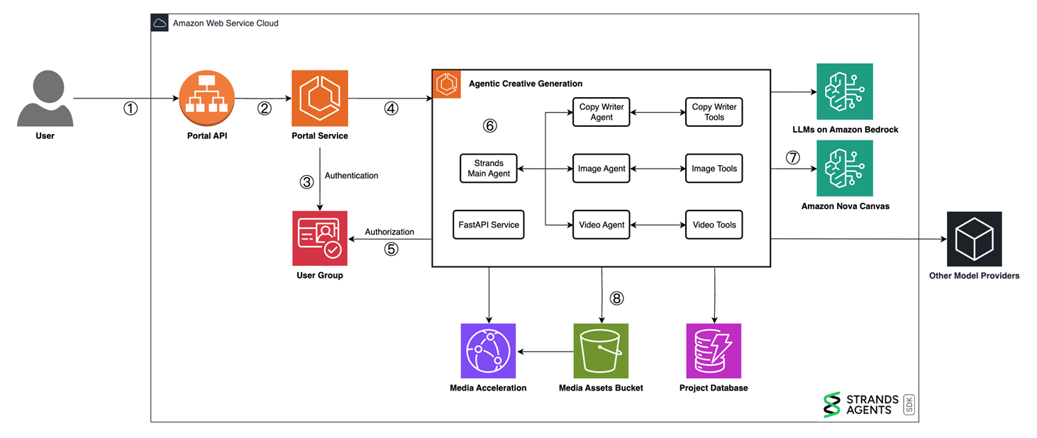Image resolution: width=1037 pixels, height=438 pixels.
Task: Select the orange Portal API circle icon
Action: point(206,98)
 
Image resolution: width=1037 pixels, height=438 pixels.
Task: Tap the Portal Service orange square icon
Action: point(320,98)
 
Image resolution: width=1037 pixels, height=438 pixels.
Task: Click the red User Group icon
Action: point(320,238)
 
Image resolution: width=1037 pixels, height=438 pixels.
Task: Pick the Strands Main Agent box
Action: point(489,169)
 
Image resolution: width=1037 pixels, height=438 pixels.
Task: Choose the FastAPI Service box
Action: point(489,225)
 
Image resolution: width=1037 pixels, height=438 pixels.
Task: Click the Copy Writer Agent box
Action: point(601,112)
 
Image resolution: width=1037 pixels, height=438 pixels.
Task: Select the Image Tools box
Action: point(714,169)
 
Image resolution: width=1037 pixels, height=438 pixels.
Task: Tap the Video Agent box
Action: point(601,225)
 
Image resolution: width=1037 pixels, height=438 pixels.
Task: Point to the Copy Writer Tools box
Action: point(714,112)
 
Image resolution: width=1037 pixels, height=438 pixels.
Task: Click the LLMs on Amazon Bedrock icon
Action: point(845,91)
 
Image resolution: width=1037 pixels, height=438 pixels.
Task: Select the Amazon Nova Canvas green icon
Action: point(845,168)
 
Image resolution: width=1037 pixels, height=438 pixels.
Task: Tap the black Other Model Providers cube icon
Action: point(974,239)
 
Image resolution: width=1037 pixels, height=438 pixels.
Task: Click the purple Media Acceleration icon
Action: point(488,351)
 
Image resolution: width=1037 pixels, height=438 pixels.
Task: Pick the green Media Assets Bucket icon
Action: point(601,351)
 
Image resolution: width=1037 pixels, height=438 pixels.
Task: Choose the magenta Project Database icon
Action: point(714,351)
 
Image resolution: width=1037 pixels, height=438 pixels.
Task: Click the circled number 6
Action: point(489,126)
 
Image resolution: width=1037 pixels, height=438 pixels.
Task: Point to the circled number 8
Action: point(616,298)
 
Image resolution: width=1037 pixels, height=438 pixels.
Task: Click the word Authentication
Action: point(351,176)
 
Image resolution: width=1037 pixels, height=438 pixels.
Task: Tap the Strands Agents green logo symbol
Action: point(831,405)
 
